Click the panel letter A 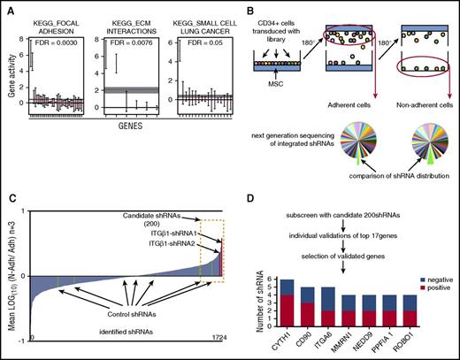point(6,7)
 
